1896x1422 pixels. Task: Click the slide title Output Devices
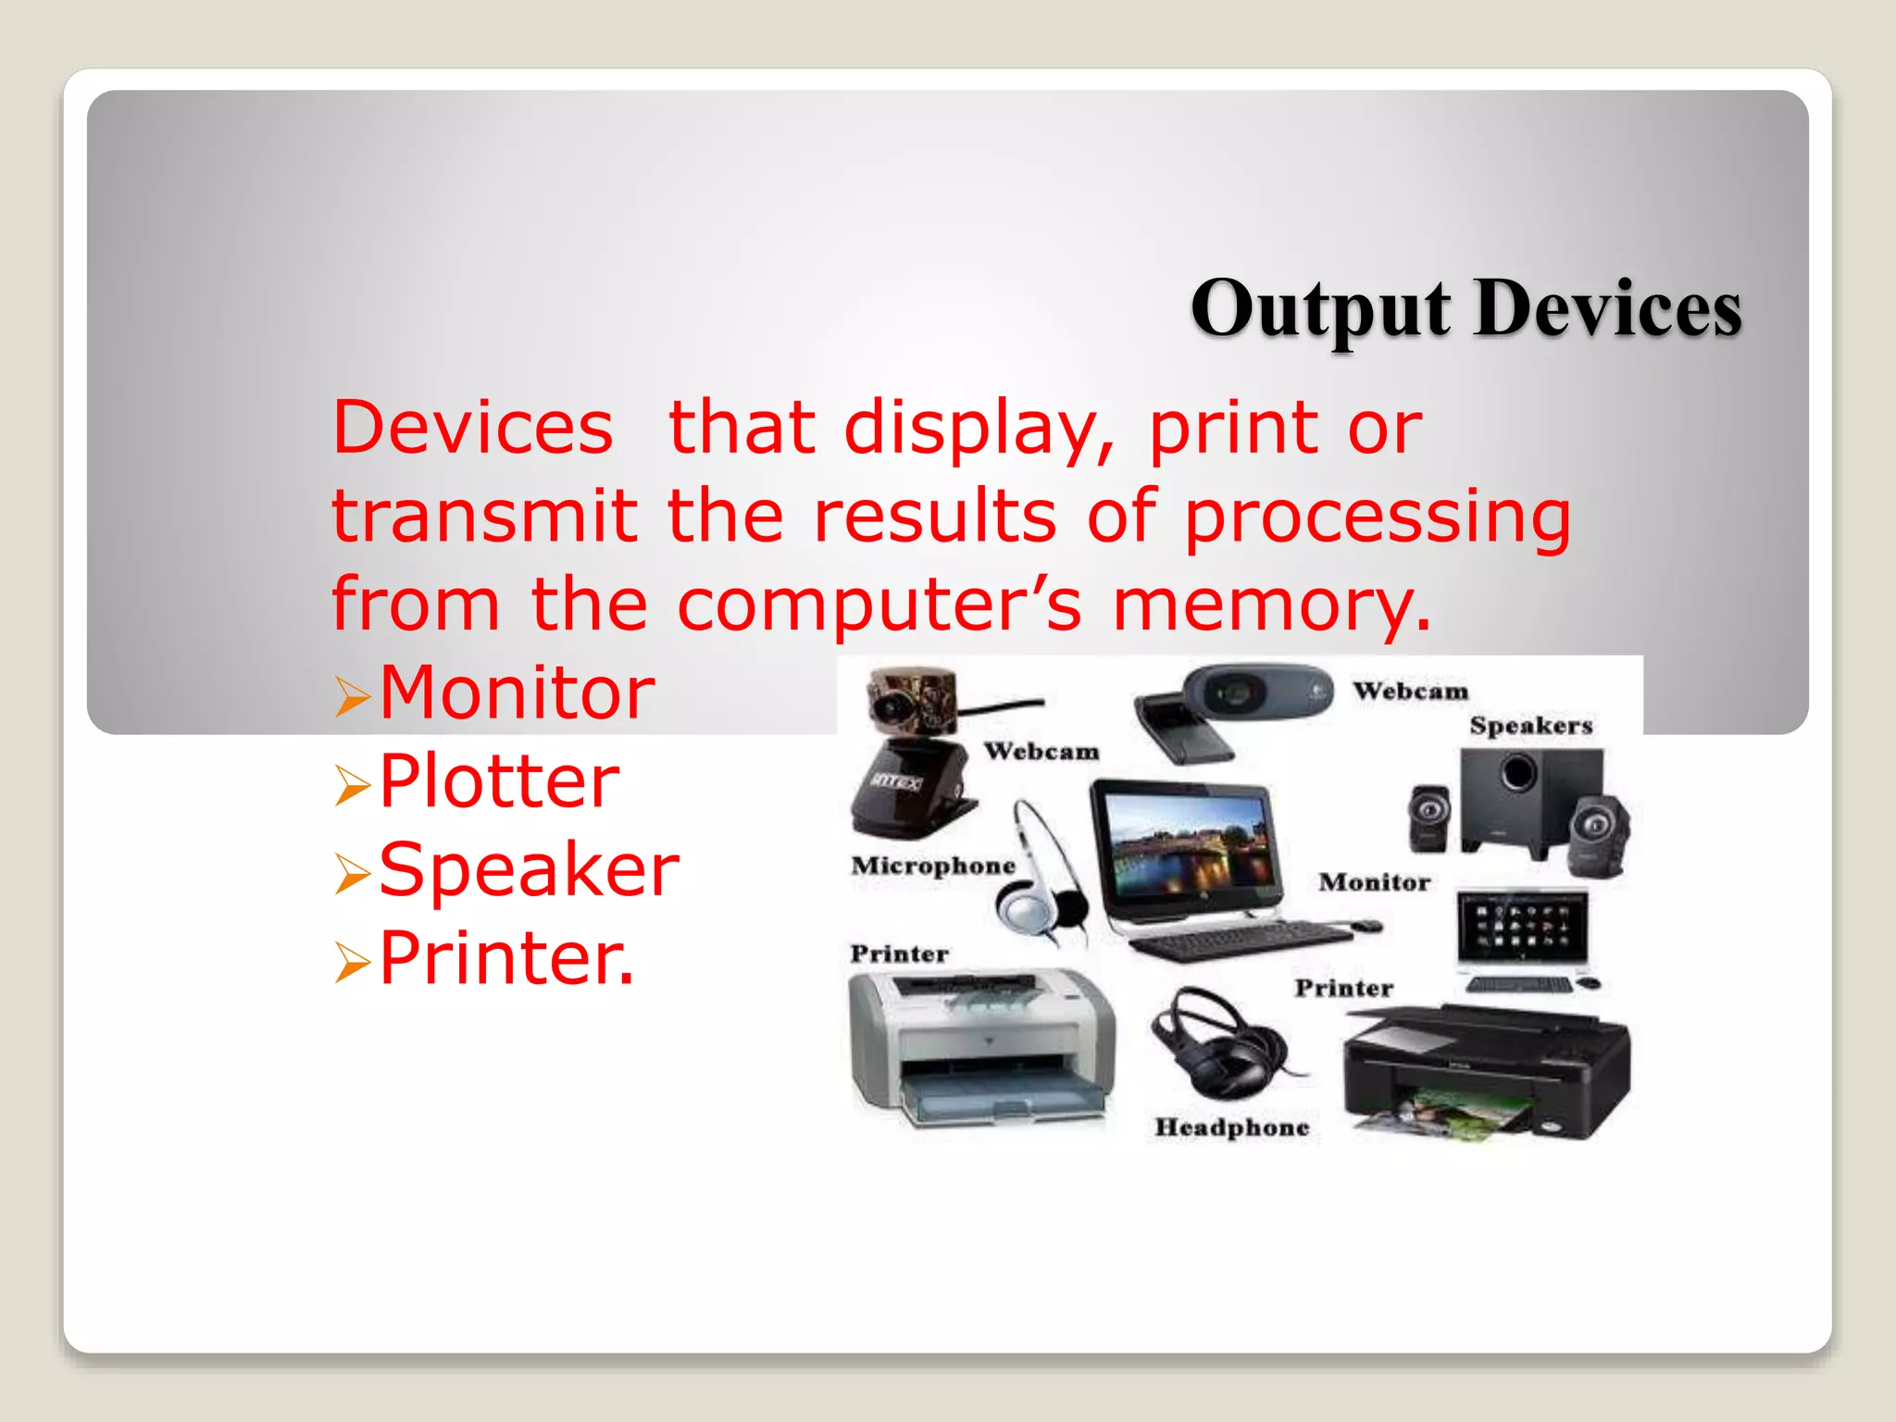click(1466, 309)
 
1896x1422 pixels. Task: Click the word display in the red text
click(979, 429)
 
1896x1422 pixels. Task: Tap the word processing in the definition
click(1378, 517)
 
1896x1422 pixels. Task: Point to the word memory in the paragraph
click(1270, 605)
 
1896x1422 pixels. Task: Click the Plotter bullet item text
click(499, 781)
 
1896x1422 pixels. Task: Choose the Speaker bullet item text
click(529, 869)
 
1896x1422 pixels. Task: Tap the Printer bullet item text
click(506, 958)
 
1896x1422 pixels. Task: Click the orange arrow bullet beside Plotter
click(353, 785)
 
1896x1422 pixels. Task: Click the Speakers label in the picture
click(1530, 726)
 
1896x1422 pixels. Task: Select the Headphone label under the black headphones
click(1231, 1128)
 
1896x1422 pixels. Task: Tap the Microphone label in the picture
click(933, 866)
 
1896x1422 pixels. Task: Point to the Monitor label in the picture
click(1374, 882)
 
